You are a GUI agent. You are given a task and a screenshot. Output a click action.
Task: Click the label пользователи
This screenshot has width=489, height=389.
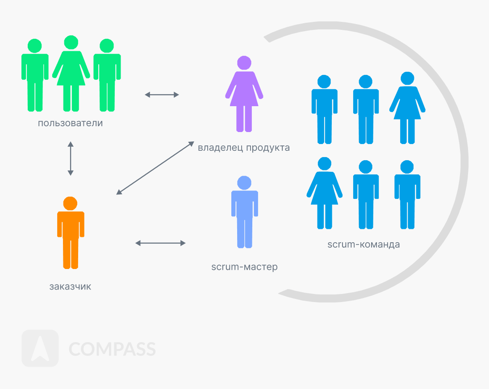pyautogui.click(x=71, y=123)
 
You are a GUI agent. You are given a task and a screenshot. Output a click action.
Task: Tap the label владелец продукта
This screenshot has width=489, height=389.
pyautogui.click(x=244, y=147)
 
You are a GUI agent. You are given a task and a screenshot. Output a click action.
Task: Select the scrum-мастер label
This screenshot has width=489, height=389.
pyautogui.click(x=244, y=267)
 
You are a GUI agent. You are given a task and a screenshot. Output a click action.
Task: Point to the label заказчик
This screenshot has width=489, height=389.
pyautogui.click(x=70, y=286)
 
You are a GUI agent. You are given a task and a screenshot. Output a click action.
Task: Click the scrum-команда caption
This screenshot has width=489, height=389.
pyautogui.click(x=364, y=244)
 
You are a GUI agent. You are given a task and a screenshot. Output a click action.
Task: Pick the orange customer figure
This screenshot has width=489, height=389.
pyautogui.click(x=71, y=234)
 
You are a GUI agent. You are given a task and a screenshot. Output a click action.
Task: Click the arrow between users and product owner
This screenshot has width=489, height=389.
pyautogui.click(x=162, y=95)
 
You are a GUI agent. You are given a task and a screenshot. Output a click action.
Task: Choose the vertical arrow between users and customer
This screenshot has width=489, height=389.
pyautogui.click(x=70, y=158)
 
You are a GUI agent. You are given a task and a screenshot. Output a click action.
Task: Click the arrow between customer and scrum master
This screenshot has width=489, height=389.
pyautogui.click(x=160, y=243)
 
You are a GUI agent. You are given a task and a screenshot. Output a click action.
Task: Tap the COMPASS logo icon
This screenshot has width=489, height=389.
pyautogui.click(x=40, y=348)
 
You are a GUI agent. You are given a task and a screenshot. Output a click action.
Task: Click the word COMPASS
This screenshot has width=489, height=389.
pyautogui.click(x=112, y=349)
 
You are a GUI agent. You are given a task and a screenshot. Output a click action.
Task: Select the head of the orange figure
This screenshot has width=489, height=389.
pyautogui.click(x=70, y=203)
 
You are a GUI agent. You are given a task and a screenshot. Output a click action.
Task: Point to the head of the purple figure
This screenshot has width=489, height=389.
pyautogui.click(x=244, y=62)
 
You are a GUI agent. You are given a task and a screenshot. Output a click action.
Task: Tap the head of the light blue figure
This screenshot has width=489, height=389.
pyautogui.click(x=244, y=182)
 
